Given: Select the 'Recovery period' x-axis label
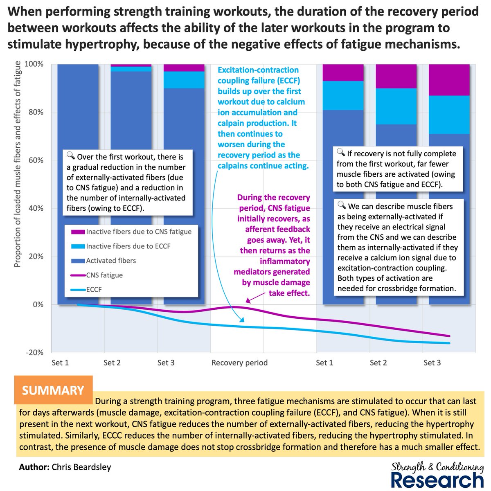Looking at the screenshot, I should pos(239,363).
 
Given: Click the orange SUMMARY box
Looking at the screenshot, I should pos(53,390).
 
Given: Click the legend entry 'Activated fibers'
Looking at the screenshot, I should pos(110,261).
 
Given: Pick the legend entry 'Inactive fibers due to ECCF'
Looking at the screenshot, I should pos(128,246).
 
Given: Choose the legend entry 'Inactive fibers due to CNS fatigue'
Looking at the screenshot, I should pos(138,232).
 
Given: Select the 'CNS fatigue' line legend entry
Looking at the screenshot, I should pos(104,275).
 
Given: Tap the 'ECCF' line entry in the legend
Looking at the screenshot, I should pos(95,290).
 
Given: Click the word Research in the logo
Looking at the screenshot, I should pos(437,480).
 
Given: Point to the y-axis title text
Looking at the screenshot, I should pos(18,164).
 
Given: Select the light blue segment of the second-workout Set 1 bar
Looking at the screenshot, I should pos(343,95).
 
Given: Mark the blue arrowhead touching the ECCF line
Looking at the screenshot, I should pos(242,320).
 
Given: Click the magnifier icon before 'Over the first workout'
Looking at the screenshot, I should pos(70,155).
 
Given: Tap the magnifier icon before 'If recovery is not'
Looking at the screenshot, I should pos(340,153).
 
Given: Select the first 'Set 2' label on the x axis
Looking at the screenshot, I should pos(112,363).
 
